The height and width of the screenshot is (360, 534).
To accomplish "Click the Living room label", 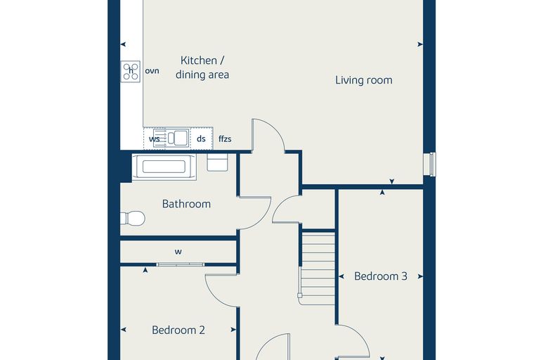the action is pyautogui.click(x=364, y=80).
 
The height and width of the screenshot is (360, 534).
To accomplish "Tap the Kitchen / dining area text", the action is pyautogui.click(x=202, y=67).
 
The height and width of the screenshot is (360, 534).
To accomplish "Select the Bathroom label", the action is pyautogui.click(x=186, y=204).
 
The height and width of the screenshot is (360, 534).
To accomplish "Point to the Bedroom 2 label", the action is pyautogui.click(x=178, y=330).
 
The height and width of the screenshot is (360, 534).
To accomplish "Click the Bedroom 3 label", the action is pyautogui.click(x=381, y=276).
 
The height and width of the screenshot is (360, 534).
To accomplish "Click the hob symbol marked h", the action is pyautogui.click(x=131, y=71).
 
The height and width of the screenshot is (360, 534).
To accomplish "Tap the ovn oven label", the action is pyautogui.click(x=152, y=71).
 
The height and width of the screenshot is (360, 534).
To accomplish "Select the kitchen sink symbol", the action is pyautogui.click(x=171, y=138).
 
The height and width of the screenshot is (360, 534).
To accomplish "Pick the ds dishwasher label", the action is pyautogui.click(x=201, y=139).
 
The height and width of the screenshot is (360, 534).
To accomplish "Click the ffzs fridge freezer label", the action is pyautogui.click(x=225, y=139).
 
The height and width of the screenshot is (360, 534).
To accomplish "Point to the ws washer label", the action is pyautogui.click(x=155, y=139).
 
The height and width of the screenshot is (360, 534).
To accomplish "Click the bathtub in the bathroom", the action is pyautogui.click(x=164, y=167).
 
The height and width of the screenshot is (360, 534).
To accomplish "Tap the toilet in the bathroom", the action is pyautogui.click(x=133, y=218).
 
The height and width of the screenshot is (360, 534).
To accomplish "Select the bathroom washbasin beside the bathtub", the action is pyautogui.click(x=217, y=162).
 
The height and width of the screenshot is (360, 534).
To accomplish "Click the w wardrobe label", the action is pyautogui.click(x=178, y=252).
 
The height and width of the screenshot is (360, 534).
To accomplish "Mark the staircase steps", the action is pyautogui.click(x=318, y=268).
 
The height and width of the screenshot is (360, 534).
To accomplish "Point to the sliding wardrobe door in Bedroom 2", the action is pyautogui.click(x=180, y=264).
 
